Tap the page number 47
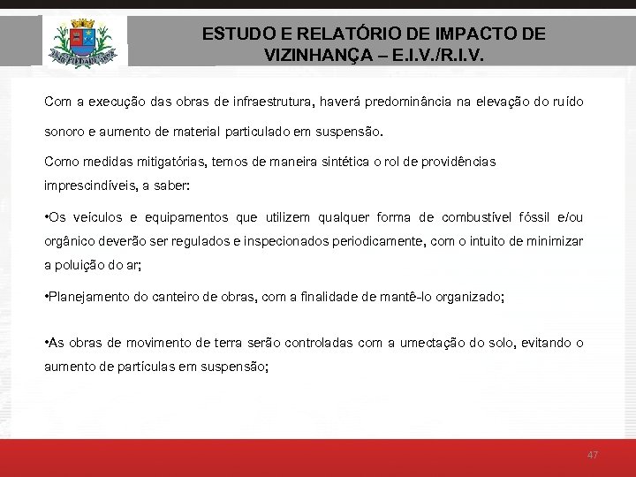click(593, 454)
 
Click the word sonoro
click(63, 132)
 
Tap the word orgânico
click(70, 240)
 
